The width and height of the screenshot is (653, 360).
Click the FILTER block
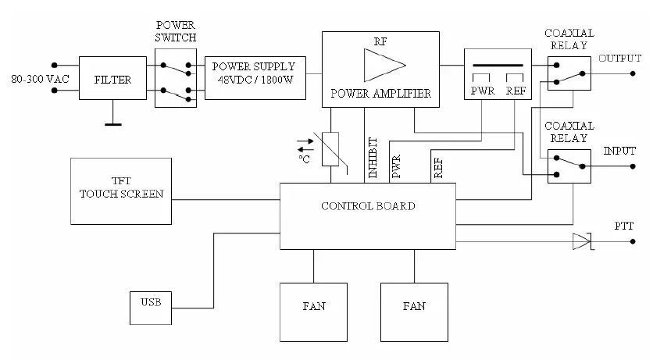[112, 79]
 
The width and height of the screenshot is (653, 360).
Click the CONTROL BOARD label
[367, 206]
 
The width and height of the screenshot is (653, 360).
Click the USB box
[152, 301]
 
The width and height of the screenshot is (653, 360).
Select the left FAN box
[312, 306]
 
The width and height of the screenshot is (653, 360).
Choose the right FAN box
[413, 306]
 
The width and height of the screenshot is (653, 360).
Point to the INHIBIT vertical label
[373, 159]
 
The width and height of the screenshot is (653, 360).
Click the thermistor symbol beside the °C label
[330, 148]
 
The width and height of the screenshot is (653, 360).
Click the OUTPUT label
[619, 59]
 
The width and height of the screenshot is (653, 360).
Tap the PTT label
[624, 226]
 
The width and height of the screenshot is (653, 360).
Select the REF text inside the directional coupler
[516, 91]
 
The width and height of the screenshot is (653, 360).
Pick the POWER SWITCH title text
[176, 31]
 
